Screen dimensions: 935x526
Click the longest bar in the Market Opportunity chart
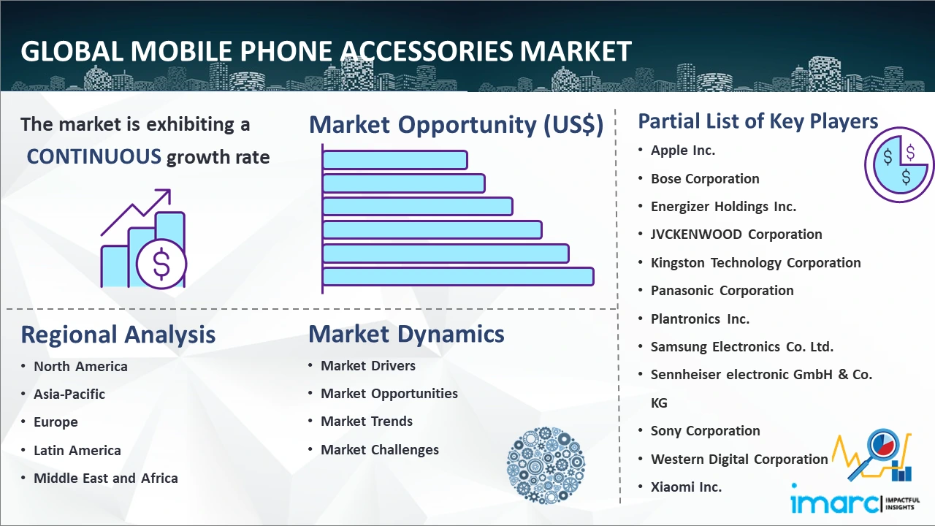coord(458,277)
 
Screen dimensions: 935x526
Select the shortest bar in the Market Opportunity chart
coord(395,160)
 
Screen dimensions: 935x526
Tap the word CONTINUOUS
coord(94,157)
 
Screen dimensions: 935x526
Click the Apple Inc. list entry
coord(683,150)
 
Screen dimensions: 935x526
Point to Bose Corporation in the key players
coord(705,179)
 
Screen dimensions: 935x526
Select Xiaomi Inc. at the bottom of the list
coord(686,487)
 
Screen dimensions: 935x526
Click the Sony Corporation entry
coord(706,431)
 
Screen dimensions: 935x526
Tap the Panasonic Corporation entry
coord(722,291)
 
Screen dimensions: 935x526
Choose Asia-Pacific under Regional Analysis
coord(69,394)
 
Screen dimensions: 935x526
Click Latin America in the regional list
coord(77,451)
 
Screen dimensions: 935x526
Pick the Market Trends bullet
coord(367,422)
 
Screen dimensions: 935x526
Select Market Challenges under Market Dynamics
coord(380,449)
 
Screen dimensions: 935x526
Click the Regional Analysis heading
coord(118,335)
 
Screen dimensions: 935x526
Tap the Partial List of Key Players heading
coord(758,121)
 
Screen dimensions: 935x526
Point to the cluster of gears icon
coord(546,465)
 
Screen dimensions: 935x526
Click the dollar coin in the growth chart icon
coord(161,264)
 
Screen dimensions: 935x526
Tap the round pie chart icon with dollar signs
coord(899,165)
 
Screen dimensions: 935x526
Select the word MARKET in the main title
coord(575,51)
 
